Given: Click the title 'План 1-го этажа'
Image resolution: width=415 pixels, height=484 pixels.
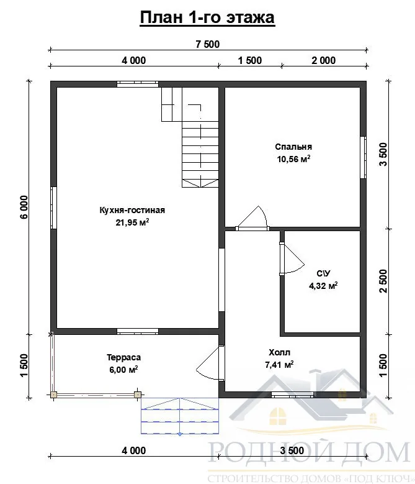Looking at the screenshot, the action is click(x=207, y=17).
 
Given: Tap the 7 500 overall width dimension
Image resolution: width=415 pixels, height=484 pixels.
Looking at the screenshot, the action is click(x=208, y=44).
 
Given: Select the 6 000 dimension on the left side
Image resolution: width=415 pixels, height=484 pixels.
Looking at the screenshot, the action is click(x=24, y=207).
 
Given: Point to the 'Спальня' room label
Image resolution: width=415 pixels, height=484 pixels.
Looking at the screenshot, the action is click(x=293, y=147).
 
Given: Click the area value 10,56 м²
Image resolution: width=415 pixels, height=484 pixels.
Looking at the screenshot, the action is click(x=293, y=159).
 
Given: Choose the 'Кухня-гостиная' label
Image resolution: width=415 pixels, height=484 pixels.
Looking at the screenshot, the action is click(x=132, y=210).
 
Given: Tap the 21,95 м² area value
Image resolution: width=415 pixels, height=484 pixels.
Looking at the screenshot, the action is click(x=132, y=222).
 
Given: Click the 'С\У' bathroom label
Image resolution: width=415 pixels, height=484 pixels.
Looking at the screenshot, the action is click(x=323, y=273).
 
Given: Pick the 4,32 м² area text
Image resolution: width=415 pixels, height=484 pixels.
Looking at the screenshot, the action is click(x=323, y=286).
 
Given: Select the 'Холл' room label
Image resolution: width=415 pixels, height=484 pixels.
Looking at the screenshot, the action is click(x=279, y=352).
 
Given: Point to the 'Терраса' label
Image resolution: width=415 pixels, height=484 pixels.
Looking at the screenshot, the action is click(x=124, y=357).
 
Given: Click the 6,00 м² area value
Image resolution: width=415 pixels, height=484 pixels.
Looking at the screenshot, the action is click(x=124, y=370).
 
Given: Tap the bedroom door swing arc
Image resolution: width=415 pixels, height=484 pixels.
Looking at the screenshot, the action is click(x=252, y=217).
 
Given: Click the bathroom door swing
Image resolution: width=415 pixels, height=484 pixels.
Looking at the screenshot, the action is click(x=292, y=258).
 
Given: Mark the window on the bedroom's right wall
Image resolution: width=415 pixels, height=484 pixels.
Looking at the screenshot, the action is click(x=364, y=157).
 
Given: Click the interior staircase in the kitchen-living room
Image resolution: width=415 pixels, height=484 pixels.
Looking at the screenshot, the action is click(x=190, y=137).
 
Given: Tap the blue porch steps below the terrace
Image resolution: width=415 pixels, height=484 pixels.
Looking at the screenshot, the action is click(x=180, y=416).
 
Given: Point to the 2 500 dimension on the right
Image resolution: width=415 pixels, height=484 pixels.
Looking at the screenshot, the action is click(x=383, y=281).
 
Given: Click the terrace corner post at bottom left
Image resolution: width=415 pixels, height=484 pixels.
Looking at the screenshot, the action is click(x=53, y=395).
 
